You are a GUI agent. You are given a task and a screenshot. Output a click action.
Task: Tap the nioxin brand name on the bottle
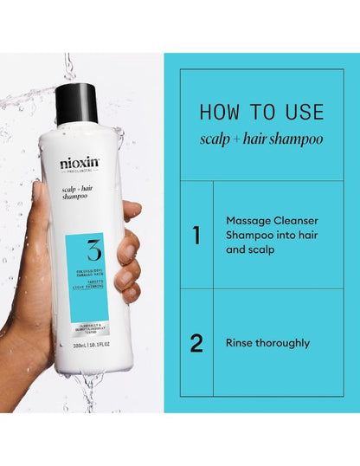[x=79, y=163]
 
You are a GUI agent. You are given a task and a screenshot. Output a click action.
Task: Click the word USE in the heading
[x=300, y=113]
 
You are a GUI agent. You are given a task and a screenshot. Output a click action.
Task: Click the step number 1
[x=196, y=235]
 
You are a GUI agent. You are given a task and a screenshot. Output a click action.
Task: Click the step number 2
[x=196, y=343]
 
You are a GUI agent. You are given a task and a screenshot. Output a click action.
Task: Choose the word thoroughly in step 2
[x=288, y=343]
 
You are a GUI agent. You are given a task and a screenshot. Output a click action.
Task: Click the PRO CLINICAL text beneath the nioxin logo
[x=79, y=174]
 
